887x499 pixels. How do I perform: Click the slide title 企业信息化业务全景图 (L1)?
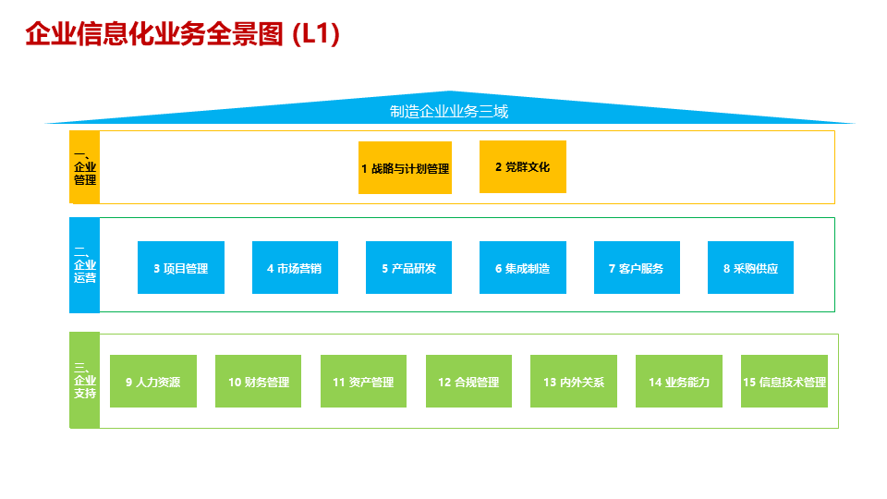point(183,34)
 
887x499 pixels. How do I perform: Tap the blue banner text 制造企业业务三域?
point(449,112)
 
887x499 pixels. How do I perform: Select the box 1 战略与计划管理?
point(405,168)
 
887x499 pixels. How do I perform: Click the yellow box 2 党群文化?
point(522,167)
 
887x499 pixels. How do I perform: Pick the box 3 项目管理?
point(180,268)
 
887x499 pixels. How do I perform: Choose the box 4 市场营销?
point(295,268)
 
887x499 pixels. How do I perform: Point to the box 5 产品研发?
point(408,268)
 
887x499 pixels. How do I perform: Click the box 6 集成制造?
point(522,268)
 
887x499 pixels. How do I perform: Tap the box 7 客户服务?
point(637,268)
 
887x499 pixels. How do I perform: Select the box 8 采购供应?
point(750,268)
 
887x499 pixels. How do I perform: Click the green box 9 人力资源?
point(152,382)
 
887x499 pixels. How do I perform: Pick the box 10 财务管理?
point(258,382)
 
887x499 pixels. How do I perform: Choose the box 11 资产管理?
point(363,382)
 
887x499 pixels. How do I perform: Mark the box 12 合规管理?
point(468,382)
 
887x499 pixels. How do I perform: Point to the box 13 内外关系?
point(573,382)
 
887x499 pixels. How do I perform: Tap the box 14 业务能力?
point(678,382)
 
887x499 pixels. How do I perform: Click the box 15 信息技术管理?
point(784,382)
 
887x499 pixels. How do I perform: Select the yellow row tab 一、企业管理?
point(85,167)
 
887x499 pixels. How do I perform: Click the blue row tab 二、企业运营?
point(85,265)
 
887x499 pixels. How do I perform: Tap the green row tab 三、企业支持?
point(85,380)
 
